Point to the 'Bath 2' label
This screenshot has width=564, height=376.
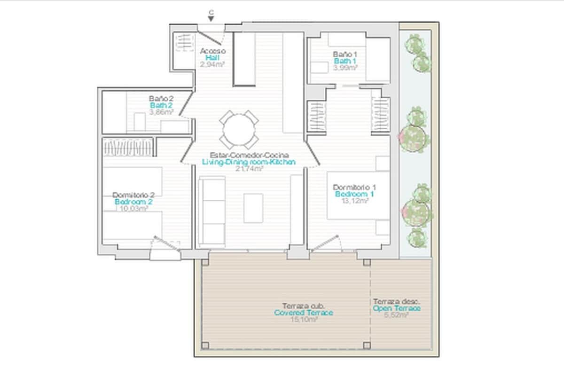pos(161,105)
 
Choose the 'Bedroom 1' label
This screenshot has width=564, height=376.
pos(354,194)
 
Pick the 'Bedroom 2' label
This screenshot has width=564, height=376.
pos(133,202)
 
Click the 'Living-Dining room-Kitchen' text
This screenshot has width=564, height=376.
pos(249,162)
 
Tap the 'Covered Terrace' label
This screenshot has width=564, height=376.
pos(303,313)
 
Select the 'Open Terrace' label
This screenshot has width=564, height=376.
pos(396,308)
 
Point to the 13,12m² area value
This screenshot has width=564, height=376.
pos(355,200)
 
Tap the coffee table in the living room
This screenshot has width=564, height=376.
pos(253,208)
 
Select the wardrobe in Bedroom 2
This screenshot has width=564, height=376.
pos(128,147)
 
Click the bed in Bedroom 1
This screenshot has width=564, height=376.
pos(359,195)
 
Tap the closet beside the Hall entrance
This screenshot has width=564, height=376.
pos(183,48)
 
